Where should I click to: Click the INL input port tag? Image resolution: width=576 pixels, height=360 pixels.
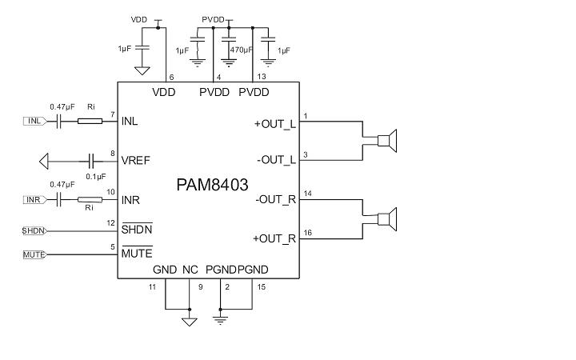(34, 122)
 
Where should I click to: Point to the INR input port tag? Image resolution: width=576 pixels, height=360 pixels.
(34, 200)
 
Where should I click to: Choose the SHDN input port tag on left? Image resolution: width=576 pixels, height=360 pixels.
(34, 230)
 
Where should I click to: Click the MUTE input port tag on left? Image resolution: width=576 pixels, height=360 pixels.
(34, 254)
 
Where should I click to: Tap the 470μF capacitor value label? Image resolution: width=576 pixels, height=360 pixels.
(241, 50)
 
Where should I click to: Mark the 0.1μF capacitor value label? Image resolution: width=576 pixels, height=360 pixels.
(95, 177)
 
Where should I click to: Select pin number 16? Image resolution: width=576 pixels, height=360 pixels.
(308, 232)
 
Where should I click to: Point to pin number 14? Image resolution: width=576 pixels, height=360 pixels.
(308, 193)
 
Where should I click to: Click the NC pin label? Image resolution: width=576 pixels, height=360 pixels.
(190, 270)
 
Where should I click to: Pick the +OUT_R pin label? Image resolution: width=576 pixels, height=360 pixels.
(274, 238)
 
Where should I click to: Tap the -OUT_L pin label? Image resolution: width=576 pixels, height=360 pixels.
(276, 160)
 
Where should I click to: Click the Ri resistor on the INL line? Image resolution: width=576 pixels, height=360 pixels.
(90, 122)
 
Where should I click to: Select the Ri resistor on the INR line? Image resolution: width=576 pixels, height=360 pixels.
(90, 200)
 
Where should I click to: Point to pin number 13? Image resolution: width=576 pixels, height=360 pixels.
(261, 77)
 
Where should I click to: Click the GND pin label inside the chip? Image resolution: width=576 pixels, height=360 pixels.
(164, 270)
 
